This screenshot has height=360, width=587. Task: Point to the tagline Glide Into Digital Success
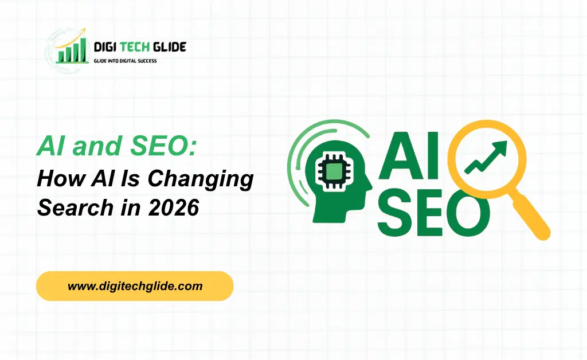[125, 60]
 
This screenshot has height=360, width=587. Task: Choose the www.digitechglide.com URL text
[135, 286]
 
